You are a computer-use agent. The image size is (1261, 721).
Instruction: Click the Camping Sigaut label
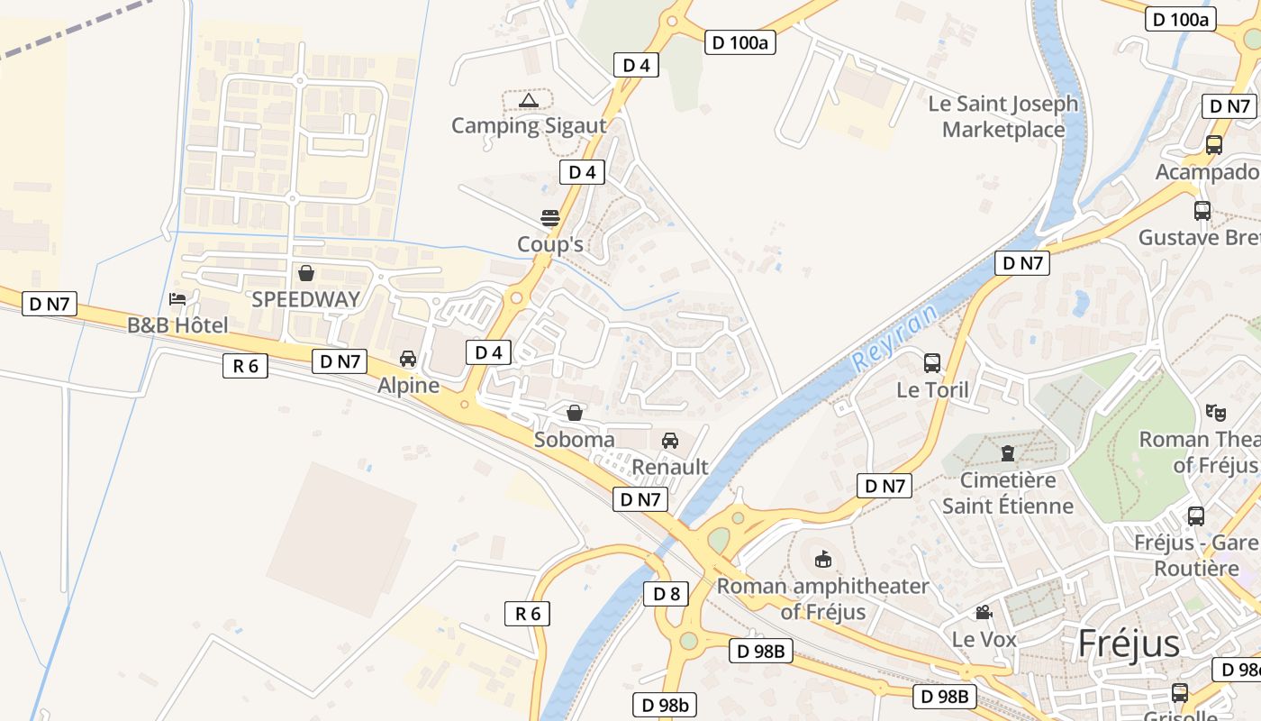coord(529,125)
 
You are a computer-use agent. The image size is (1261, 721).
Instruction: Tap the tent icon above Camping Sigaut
coord(529,100)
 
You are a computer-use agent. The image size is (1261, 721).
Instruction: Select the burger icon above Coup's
coord(549,218)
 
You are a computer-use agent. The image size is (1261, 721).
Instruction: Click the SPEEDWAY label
coord(305,299)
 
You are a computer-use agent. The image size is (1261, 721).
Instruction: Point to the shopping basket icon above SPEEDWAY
coord(306,273)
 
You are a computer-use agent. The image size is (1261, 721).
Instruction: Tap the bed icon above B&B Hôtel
coord(177,299)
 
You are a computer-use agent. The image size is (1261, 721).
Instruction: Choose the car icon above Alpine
coord(408,359)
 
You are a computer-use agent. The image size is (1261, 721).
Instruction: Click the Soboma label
coord(575,440)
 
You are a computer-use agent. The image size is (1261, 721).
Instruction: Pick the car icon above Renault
coord(670,440)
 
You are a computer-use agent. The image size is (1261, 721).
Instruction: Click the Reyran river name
coord(894,338)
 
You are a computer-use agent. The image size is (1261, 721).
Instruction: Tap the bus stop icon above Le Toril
coord(932,363)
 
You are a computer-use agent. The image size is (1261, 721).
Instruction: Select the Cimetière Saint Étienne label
coord(1008,492)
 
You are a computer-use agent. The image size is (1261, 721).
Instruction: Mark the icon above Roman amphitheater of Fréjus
coord(823,560)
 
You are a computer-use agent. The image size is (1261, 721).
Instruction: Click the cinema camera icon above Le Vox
coord(984,613)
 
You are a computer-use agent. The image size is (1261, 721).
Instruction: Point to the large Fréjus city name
coord(1129,643)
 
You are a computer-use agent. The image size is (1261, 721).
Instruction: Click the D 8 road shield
coord(667,593)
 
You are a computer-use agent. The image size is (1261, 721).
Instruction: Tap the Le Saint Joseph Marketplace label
coord(1003,117)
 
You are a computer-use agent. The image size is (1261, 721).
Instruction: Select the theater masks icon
coord(1216,413)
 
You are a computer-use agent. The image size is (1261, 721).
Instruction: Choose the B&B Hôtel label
coord(177,325)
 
